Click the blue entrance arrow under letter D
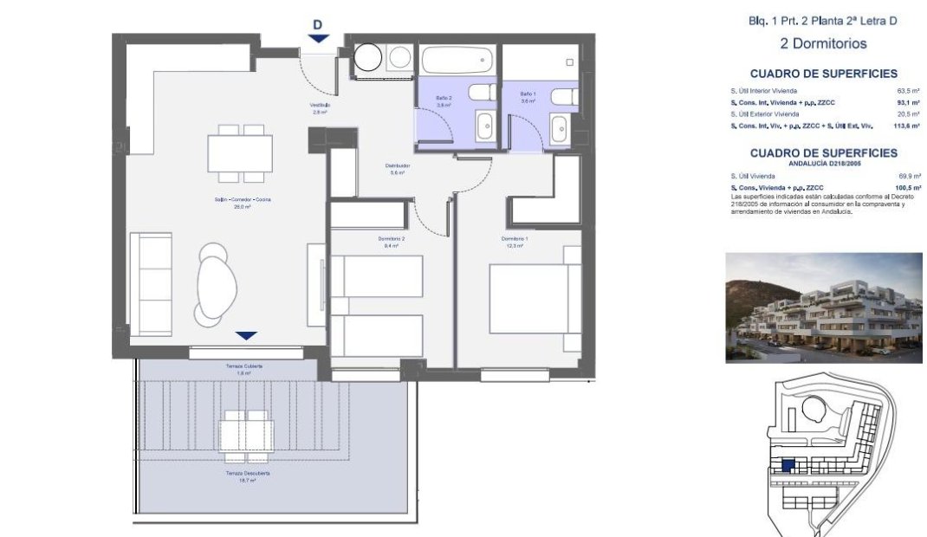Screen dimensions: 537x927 click(318, 38)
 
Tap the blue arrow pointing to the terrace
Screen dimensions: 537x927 click(247, 335)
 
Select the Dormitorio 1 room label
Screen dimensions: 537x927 click(514, 239)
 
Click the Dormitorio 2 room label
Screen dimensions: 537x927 click(392, 239)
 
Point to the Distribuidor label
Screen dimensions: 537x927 click(397, 166)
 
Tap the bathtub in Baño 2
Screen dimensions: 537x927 click(457, 61)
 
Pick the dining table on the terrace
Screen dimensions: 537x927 click(245, 430)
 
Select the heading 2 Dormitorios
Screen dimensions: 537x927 click(822, 43)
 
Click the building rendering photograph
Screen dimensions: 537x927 click(823, 307)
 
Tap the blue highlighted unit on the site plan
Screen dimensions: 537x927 click(788, 466)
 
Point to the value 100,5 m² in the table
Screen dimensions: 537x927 click(907, 187)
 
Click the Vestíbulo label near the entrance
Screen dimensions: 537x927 click(320, 107)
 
